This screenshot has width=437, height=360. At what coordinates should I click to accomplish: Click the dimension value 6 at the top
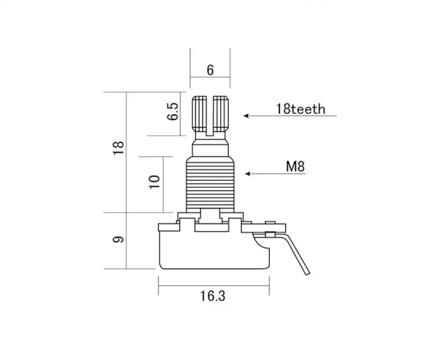point(210,70)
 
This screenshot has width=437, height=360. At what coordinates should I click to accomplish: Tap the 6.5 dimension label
point(173,111)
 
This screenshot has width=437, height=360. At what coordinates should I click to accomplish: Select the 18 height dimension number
point(118,148)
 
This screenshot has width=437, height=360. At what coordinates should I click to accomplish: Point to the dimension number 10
point(155,182)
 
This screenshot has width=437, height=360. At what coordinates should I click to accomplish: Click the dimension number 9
point(118,239)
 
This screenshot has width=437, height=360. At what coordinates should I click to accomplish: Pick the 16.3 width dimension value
point(213,296)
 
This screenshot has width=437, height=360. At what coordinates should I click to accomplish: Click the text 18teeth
point(301,109)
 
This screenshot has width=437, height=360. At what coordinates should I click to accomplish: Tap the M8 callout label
point(295,166)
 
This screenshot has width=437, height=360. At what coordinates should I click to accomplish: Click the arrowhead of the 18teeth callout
point(246,116)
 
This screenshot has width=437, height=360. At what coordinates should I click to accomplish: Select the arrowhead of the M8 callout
point(248,173)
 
